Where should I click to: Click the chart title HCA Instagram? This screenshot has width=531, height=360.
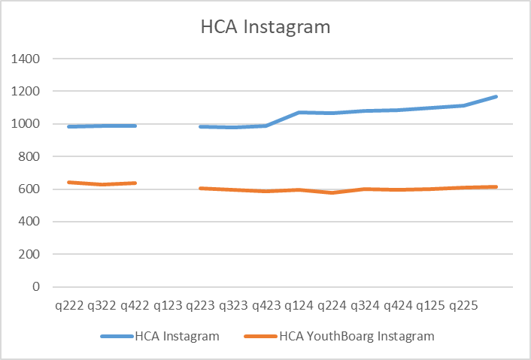265,28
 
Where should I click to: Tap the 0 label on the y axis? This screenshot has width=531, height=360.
36,287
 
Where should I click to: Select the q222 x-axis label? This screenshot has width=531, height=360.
69,306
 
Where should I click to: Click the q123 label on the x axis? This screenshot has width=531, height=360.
168,306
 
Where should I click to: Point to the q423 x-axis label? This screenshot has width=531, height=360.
267,306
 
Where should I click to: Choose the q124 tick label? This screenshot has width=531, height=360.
299,306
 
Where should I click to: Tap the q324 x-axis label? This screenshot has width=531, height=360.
366,306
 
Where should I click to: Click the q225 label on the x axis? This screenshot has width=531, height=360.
464,306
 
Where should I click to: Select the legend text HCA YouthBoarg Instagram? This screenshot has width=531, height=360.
357,336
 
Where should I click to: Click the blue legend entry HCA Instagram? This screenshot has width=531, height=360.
178,336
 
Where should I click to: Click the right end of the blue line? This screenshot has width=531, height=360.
496,96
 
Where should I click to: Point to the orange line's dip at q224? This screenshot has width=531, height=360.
332,193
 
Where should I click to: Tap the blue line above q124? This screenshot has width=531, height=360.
299,113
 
